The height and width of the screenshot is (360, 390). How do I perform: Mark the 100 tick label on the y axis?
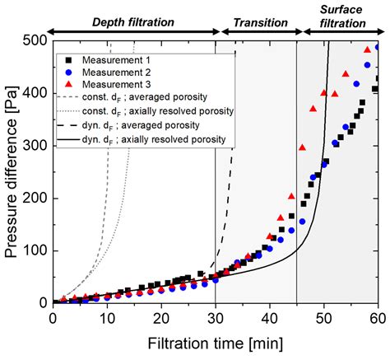tap(35, 250)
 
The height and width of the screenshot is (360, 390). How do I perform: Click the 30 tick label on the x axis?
tap(216, 317)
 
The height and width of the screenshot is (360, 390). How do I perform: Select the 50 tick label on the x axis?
tap(324, 317)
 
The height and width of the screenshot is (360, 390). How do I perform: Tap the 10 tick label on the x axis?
tap(107, 317)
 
